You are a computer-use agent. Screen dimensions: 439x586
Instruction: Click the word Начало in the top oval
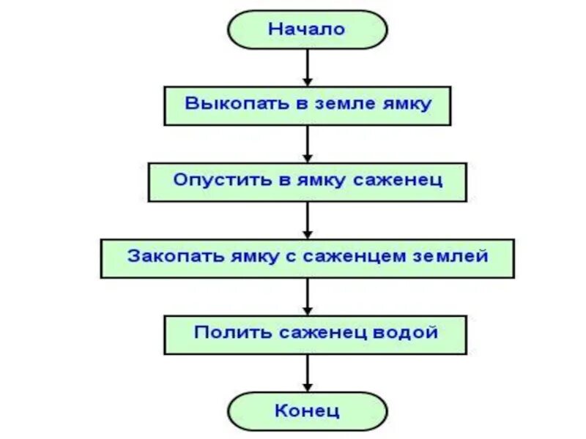(306, 29)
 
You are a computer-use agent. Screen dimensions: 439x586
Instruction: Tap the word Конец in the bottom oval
(307, 410)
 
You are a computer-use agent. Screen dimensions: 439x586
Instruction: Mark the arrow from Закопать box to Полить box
(308, 296)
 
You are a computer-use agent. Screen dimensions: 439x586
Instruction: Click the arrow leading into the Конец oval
(308, 373)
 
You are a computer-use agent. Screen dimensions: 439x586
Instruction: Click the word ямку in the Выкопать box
(405, 103)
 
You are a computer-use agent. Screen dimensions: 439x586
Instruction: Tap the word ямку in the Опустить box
(319, 179)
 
